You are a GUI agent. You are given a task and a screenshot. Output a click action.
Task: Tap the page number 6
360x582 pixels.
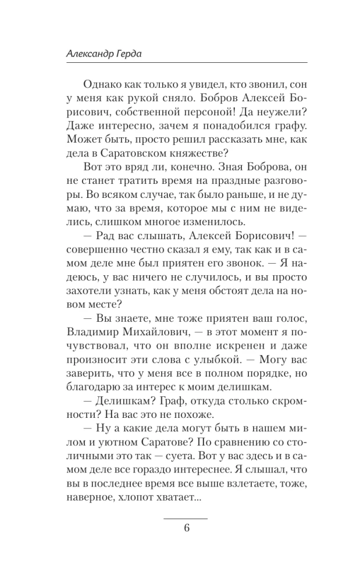(186, 528)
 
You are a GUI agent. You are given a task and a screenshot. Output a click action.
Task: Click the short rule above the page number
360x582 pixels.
(186, 517)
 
